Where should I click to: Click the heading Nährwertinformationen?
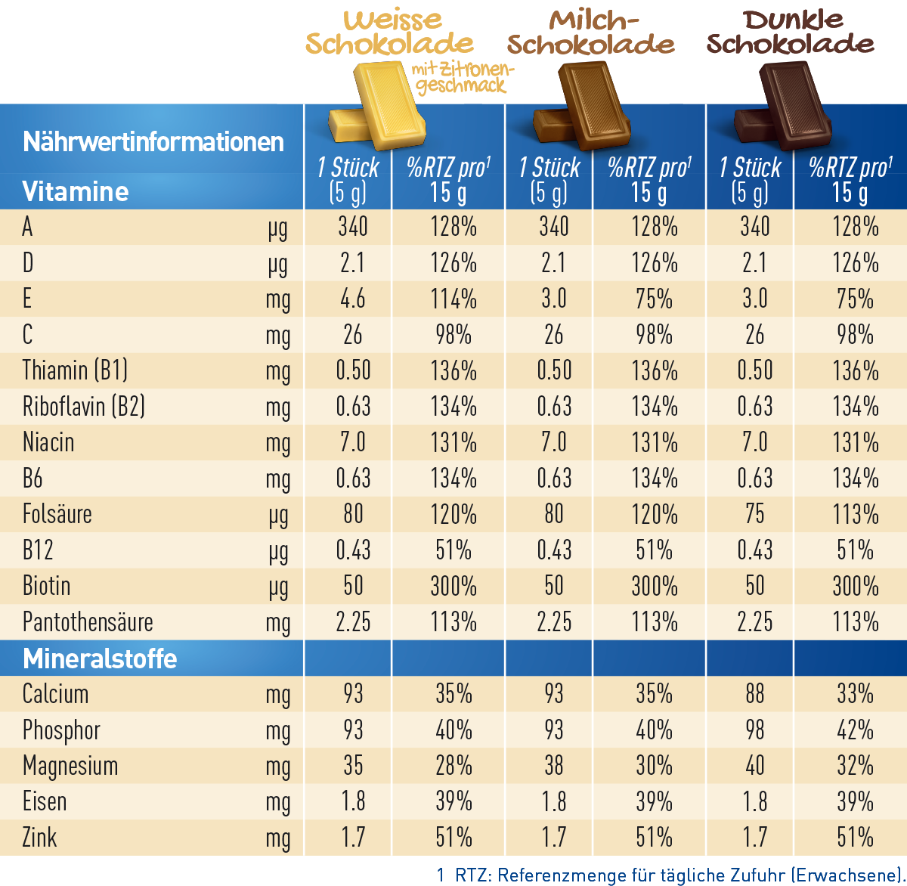[x=153, y=141]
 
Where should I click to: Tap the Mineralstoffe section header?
[x=100, y=658]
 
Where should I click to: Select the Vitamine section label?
[x=75, y=191]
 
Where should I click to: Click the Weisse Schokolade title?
[x=390, y=32]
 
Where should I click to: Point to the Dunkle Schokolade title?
[x=791, y=32]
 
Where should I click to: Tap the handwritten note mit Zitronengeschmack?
[x=463, y=79]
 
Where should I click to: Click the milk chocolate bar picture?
[x=582, y=107]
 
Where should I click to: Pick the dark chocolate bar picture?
[x=783, y=107]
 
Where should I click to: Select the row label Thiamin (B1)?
[x=75, y=370]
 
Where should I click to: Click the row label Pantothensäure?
[x=88, y=621]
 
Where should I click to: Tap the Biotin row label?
[x=47, y=586]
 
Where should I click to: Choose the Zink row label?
[x=39, y=837]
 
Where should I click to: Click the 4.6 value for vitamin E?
[x=353, y=299]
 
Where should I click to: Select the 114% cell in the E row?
[x=453, y=299]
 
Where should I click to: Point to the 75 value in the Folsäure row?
[x=755, y=513]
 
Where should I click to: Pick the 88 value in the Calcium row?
[x=755, y=693]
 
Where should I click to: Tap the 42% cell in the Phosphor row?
[x=856, y=730]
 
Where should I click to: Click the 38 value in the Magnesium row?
[x=554, y=765]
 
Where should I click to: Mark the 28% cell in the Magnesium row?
[x=453, y=765]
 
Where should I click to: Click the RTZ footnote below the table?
[x=671, y=875]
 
